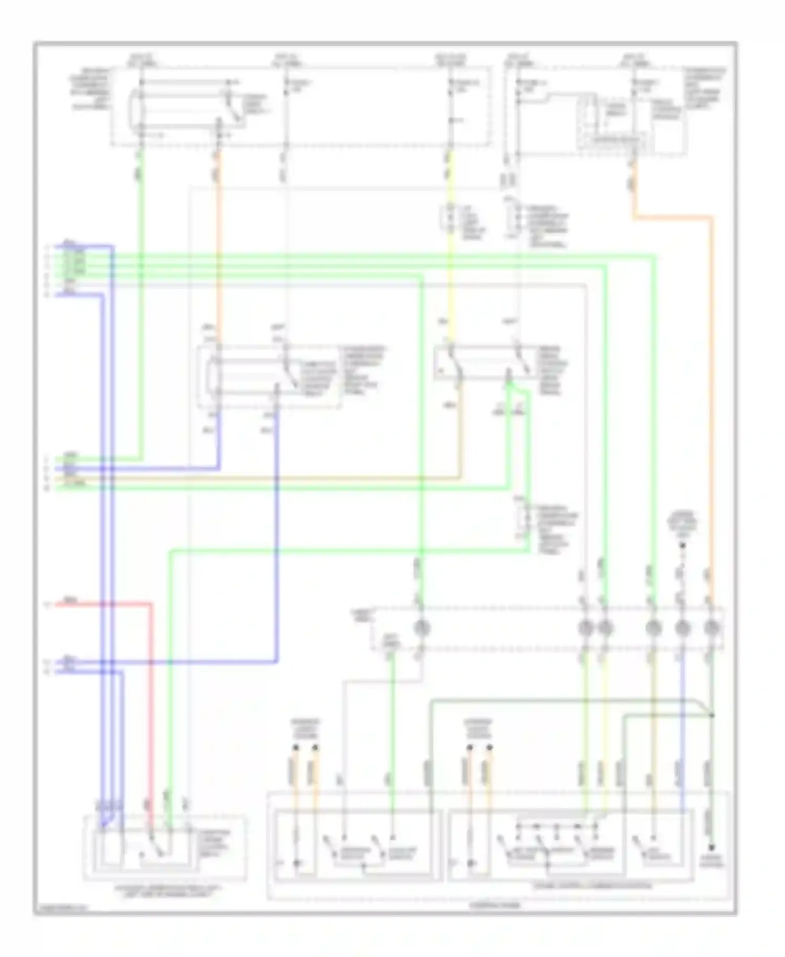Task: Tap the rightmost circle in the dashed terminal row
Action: tap(711, 627)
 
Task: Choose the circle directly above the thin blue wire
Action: tap(681, 627)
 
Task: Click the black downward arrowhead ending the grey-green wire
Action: tap(711, 847)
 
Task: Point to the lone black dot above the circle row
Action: tap(682, 546)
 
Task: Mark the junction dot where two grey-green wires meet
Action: tap(712, 715)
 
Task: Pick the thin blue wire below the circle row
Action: tap(681, 733)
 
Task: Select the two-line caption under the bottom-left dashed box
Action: tap(165, 890)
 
